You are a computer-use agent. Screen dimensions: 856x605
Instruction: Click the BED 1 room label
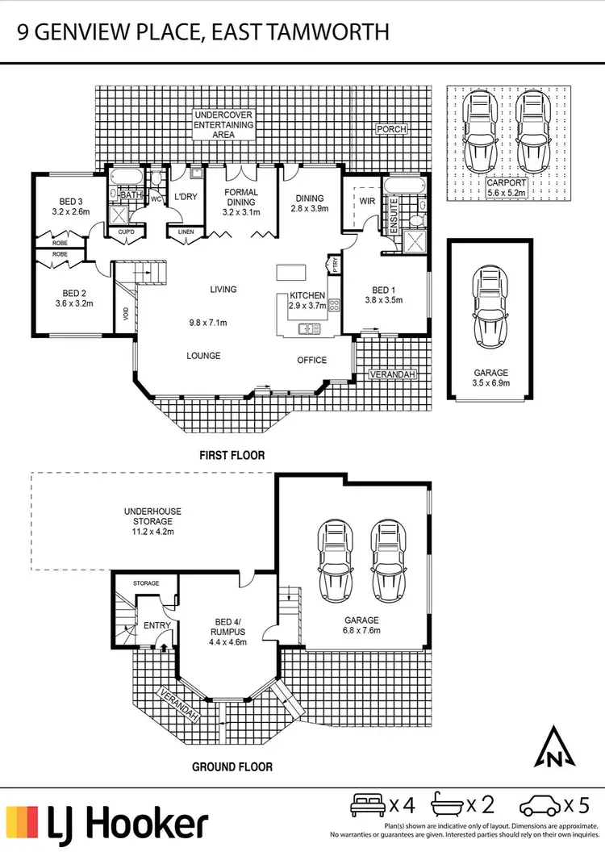point(383,289)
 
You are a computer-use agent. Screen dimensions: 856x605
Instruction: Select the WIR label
point(367,201)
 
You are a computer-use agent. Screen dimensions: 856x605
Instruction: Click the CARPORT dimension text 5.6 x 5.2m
point(507,194)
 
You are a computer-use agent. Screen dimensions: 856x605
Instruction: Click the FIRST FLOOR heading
point(232,456)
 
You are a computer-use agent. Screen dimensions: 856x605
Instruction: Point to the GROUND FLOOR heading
point(232,767)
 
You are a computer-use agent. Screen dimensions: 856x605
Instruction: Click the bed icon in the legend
point(368,804)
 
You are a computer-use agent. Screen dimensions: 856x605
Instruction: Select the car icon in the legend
point(539,805)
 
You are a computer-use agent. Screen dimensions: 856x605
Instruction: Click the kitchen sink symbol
point(307,328)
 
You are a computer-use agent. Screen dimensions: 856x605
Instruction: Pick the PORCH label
point(391,129)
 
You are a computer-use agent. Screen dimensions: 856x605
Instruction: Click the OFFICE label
point(312,360)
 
